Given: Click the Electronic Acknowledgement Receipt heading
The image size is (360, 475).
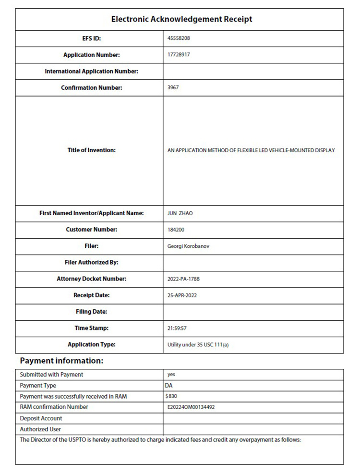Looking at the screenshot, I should point(181,19).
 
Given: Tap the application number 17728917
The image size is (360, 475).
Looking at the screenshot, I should point(179,55).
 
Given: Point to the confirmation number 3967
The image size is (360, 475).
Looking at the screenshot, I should point(173,88).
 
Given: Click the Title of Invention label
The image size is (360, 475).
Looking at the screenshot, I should point(91,150).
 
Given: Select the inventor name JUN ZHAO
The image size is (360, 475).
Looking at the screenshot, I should point(180,213).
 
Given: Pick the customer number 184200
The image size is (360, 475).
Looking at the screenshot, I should point(176,230).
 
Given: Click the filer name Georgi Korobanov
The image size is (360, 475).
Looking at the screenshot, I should point(188,246).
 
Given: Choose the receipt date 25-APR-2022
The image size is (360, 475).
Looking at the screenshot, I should point(182,295).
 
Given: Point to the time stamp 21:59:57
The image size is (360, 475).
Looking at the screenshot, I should point(177,328).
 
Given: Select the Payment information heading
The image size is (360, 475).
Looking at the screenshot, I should point(61,361).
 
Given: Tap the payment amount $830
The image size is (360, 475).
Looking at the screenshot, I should point(171,396).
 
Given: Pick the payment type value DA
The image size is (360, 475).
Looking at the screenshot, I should point(168,385).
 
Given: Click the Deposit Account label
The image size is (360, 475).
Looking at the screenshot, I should point(41,418).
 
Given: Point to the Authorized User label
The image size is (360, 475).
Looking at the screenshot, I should point(40,429).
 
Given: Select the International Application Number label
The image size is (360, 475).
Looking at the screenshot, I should point(91,72).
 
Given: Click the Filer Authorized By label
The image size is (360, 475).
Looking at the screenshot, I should point(91,263).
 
